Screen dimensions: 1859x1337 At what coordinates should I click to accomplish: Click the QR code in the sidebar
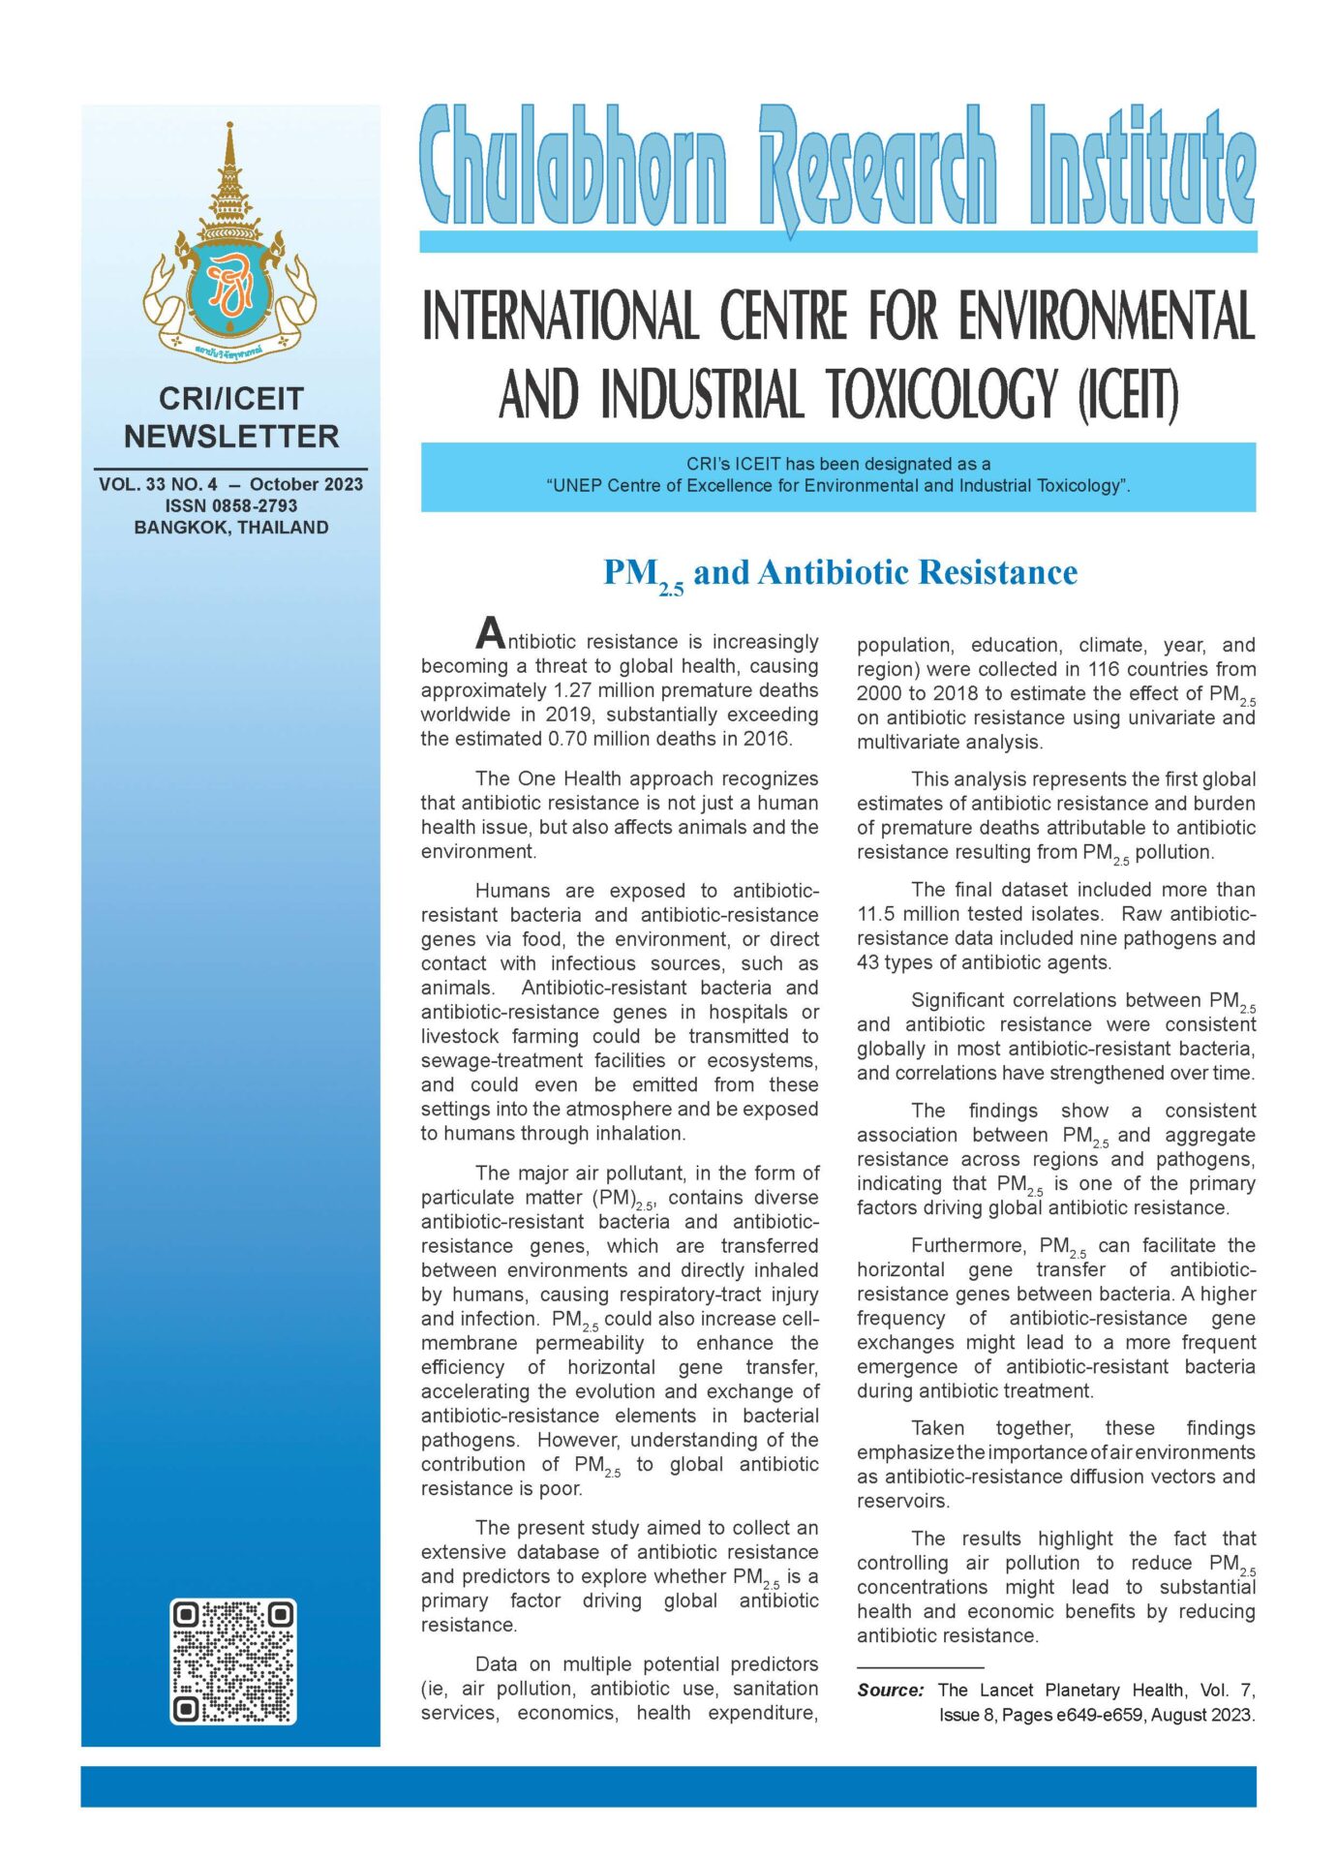[x=232, y=1661]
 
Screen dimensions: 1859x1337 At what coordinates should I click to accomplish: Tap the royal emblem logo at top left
[x=230, y=242]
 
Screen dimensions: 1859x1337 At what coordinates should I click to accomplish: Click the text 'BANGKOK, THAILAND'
[x=231, y=528]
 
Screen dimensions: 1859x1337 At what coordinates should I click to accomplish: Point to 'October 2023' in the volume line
[x=306, y=484]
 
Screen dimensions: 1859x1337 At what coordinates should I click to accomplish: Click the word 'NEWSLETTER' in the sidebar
[x=231, y=437]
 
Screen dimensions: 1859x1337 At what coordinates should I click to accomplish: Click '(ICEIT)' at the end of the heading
[x=1128, y=396]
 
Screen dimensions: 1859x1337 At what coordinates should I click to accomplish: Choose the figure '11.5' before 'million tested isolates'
[x=877, y=914]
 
